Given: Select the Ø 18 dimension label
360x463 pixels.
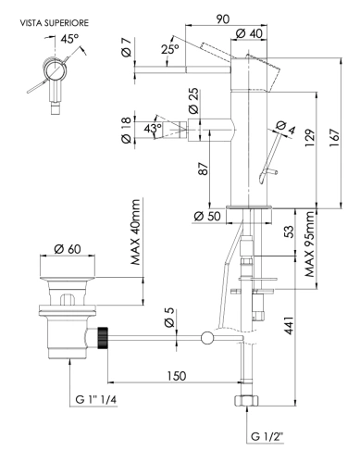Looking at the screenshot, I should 128,137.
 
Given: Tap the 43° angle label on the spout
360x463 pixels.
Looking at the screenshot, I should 154,127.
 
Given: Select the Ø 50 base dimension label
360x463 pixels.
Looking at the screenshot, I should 208,218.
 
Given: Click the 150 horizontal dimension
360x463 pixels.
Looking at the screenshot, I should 176,377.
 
